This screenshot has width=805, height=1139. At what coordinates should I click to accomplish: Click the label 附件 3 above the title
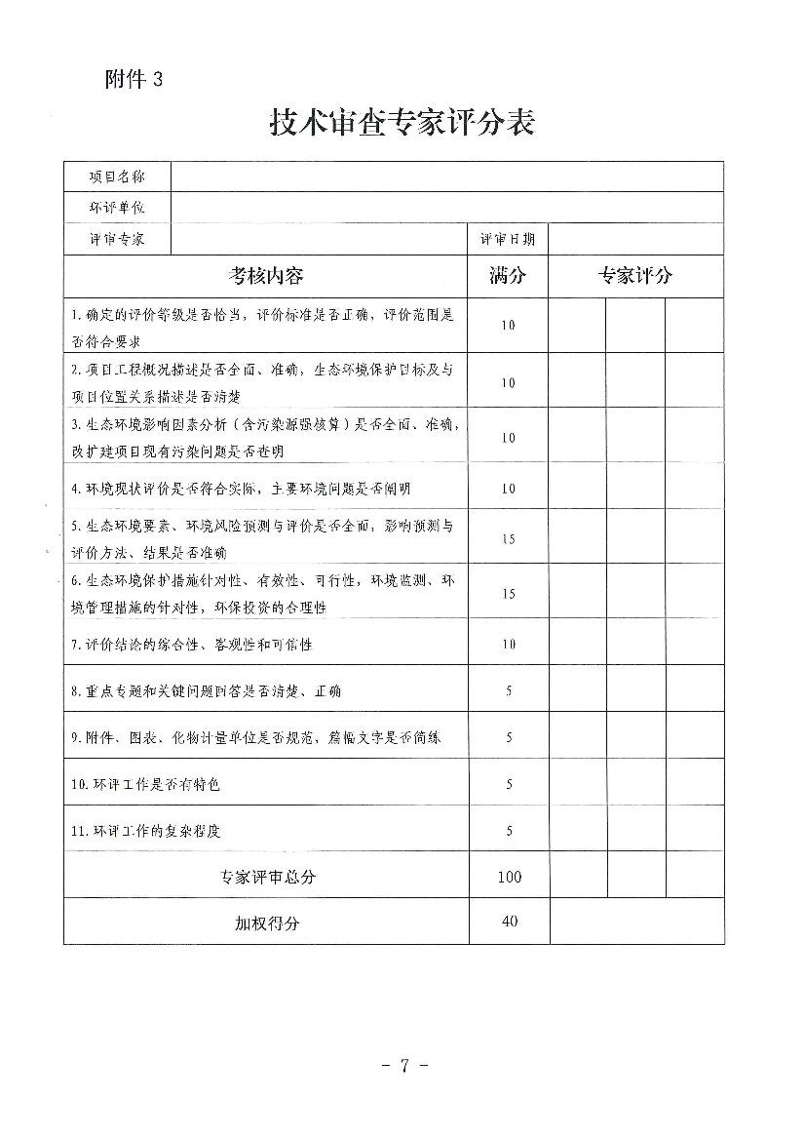pos(134,81)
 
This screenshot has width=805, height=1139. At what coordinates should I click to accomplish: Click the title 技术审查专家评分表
pos(402,125)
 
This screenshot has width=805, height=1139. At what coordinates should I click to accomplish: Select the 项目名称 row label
pos(117,177)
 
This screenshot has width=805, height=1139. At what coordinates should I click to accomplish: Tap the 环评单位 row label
pos(117,208)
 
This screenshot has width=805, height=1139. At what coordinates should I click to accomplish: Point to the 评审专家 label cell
pos(117,239)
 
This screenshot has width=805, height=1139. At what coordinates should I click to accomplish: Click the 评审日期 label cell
pos(508,239)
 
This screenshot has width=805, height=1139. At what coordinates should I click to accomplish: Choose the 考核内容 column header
pos(266,276)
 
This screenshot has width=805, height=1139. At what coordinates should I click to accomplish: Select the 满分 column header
pos(508,276)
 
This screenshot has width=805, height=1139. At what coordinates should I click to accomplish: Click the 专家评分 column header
pos(635,276)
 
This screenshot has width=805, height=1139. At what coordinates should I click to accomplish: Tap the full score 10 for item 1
pos(508,326)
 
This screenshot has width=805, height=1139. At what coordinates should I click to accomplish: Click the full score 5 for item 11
pos(509,831)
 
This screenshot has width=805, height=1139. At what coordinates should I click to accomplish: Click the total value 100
pos(509,877)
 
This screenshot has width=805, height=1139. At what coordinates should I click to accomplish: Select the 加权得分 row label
pos(267,923)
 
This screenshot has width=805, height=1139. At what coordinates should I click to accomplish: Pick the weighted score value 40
pos(509,922)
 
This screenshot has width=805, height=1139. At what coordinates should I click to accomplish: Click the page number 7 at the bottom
pos(403,1065)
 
